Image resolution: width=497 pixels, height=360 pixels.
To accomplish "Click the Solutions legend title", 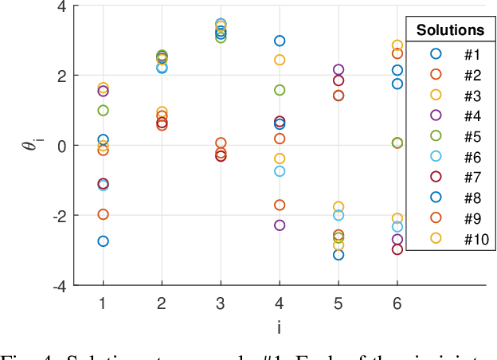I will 450,31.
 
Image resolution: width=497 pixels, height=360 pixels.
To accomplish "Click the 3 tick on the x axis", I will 220,303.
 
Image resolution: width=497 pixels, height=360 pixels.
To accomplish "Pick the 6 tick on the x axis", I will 397,303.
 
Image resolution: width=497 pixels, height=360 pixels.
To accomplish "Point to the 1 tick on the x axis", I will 103,303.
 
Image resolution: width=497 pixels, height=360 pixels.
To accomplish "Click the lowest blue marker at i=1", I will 103,241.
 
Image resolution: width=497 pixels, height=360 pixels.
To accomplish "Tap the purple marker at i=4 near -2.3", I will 280,225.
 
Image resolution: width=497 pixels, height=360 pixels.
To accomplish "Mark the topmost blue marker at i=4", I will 280,41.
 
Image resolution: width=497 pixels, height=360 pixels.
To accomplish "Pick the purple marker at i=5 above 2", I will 339,70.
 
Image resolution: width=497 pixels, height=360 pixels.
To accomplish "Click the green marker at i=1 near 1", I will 103,111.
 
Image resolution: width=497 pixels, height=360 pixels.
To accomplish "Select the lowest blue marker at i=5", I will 339,255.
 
